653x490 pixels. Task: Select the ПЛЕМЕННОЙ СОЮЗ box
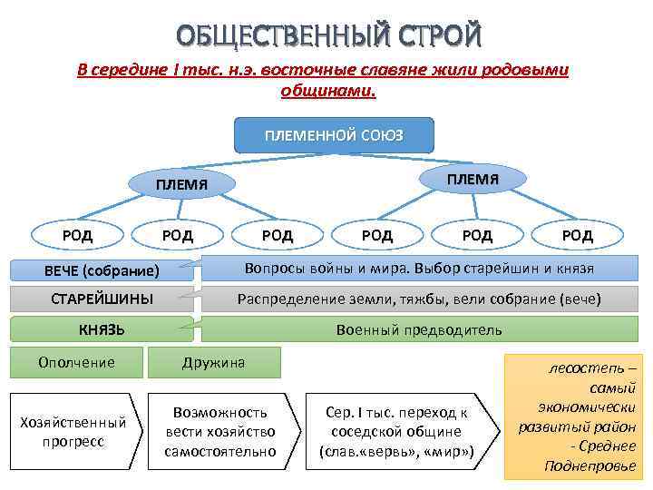[334, 135]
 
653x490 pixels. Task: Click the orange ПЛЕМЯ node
[472, 179]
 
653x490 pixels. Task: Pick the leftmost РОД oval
[77, 236]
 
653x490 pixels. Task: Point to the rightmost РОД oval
[577, 236]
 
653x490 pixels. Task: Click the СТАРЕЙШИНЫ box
[102, 299]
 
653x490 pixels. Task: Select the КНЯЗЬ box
[102, 328]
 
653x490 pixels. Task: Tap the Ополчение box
[76, 362]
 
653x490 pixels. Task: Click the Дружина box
[213, 362]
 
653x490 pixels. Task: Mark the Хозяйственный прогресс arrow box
[73, 432]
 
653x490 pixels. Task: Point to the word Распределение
[289, 299]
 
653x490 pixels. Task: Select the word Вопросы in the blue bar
[273, 269]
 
